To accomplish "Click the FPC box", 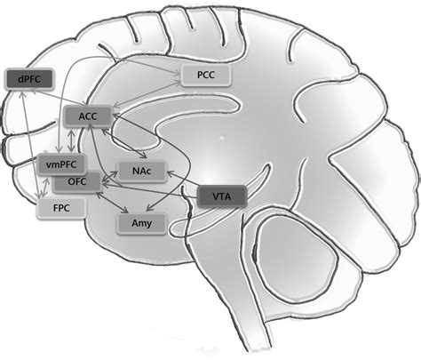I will [57, 209].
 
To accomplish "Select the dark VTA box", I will [217, 196].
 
